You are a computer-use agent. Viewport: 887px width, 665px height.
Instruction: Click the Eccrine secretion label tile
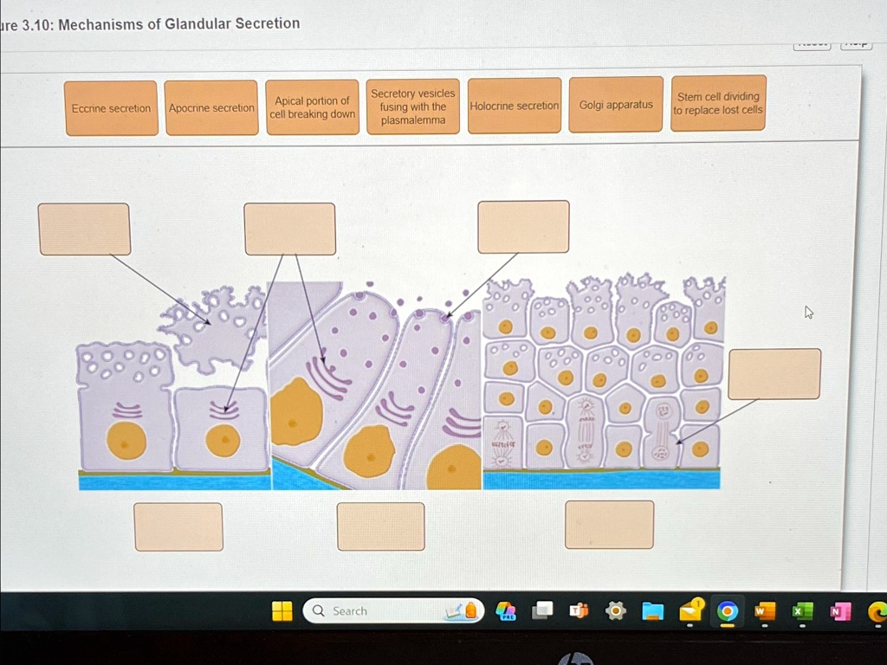[111, 108]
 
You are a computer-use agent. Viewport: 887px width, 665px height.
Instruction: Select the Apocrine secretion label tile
[211, 108]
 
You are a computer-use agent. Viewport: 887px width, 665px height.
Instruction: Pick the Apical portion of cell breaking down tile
[312, 107]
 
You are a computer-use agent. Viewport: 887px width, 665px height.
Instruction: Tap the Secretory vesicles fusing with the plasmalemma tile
[413, 107]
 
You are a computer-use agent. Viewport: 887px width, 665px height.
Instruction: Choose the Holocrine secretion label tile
[515, 106]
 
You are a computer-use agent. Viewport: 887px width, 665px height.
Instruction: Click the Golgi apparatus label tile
[616, 105]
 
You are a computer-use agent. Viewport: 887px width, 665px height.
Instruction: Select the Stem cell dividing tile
[718, 103]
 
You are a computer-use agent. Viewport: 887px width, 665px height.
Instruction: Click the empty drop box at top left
[84, 229]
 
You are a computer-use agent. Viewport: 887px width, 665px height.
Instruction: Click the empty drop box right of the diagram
[774, 374]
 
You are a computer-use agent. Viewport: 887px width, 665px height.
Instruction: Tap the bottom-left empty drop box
[178, 526]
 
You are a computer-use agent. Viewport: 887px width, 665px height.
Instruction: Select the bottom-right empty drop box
[609, 525]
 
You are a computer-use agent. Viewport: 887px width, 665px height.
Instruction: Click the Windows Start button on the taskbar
[282, 611]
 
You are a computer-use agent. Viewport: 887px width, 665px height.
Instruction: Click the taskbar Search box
[381, 611]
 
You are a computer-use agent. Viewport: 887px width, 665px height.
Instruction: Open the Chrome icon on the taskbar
[728, 612]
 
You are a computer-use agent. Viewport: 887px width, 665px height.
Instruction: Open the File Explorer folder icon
[653, 612]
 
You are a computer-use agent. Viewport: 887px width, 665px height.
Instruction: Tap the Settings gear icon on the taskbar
[616, 611]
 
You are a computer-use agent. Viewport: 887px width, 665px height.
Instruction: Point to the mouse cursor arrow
[808, 312]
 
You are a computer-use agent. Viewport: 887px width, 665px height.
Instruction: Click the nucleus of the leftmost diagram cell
[126, 441]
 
